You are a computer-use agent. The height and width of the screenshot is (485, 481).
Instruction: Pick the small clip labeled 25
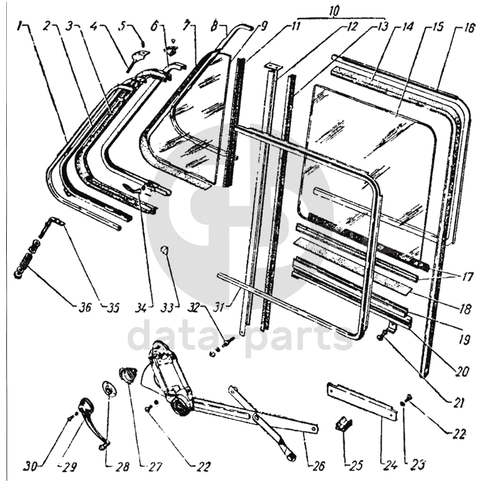click(343, 426)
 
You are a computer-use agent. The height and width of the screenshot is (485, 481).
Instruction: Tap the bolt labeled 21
click(381, 336)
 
